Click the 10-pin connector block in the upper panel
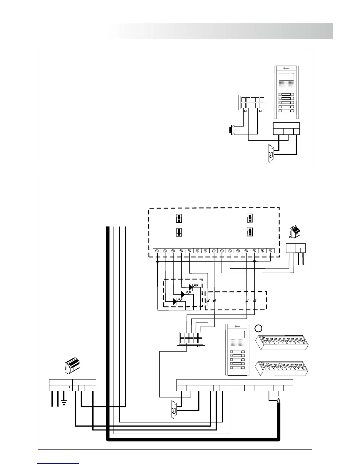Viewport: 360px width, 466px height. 252,103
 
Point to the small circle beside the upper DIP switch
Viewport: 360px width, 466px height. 258,328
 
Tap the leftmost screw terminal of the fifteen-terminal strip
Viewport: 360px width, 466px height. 157,251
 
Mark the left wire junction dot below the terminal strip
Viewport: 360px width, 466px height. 157,261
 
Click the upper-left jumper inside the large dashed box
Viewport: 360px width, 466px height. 178,219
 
